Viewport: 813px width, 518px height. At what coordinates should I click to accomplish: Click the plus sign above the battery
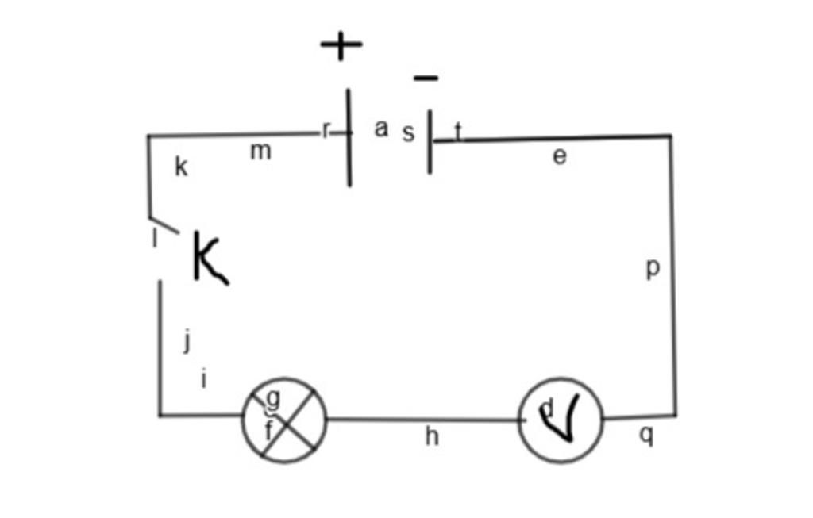[341, 45]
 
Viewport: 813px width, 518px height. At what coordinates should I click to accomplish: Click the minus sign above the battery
[426, 78]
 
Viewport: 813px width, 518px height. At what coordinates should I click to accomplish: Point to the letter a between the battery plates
[381, 128]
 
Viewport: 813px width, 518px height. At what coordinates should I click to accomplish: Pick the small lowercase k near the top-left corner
[181, 167]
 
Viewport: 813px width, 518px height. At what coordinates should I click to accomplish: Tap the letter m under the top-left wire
[260, 151]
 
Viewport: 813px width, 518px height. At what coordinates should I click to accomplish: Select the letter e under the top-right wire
[560, 156]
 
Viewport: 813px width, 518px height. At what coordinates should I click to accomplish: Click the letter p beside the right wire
[653, 269]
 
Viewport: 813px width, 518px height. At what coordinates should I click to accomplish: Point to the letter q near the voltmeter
[647, 434]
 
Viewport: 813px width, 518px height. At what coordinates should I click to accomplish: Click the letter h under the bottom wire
[432, 436]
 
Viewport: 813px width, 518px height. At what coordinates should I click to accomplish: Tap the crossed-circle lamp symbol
[284, 420]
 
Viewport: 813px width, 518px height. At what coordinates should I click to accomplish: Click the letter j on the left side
[187, 341]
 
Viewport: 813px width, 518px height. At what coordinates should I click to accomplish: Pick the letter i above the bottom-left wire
[204, 379]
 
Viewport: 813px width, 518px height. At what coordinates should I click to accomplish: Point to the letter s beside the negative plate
[408, 133]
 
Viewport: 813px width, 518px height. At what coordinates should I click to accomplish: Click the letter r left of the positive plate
[326, 130]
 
